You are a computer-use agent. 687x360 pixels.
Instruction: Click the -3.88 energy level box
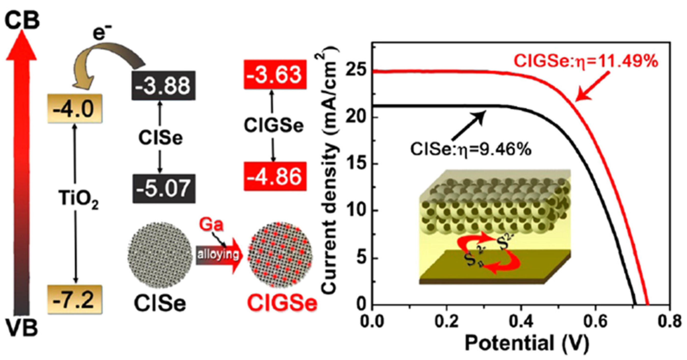click(x=163, y=86)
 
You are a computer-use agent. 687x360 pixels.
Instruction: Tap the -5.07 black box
click(x=163, y=189)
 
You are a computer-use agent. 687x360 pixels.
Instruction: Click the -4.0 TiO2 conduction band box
click(x=75, y=109)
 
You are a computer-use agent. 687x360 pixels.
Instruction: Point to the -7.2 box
click(x=75, y=300)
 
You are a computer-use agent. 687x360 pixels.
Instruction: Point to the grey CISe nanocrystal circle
click(x=160, y=255)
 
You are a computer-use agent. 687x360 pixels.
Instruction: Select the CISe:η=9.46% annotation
click(x=471, y=149)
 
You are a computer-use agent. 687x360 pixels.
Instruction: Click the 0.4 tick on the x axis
click(x=521, y=322)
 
